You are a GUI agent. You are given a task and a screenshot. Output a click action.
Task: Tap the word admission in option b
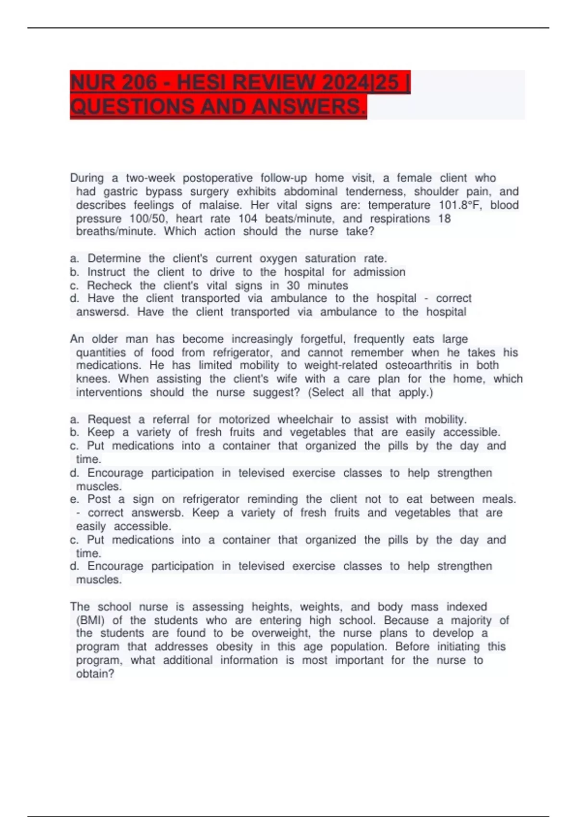click(379, 272)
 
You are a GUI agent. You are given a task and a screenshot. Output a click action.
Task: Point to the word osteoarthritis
click(418, 365)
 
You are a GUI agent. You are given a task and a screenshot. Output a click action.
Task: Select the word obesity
click(234, 647)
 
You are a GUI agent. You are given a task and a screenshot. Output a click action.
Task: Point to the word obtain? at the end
click(95, 674)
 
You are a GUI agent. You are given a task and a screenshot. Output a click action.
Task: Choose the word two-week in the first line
click(151, 178)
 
